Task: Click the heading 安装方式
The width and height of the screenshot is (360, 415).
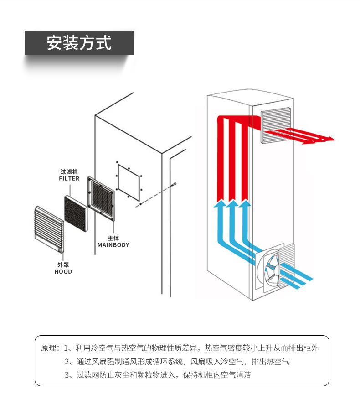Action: (x=79, y=42)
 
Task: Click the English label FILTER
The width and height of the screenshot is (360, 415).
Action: (x=69, y=179)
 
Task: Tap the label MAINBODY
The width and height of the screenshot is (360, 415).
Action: (x=113, y=245)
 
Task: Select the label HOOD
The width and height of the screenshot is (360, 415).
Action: (x=63, y=272)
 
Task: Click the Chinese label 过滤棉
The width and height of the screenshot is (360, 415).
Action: (x=69, y=172)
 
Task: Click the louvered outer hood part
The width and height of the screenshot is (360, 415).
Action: (x=49, y=229)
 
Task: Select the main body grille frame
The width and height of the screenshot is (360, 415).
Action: (x=101, y=198)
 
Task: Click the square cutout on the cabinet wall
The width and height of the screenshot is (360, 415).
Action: (x=129, y=182)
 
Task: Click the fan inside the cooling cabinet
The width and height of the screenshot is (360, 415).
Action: (x=272, y=268)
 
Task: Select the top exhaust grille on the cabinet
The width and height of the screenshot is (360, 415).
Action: (x=276, y=125)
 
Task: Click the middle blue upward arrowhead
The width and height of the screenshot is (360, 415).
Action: (x=232, y=203)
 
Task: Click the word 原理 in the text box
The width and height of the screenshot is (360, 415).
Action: (x=49, y=348)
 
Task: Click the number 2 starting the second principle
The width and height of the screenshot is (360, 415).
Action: (x=67, y=362)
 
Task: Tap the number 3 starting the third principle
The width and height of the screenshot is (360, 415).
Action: (x=67, y=375)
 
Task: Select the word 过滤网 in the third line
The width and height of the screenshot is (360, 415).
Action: (x=88, y=375)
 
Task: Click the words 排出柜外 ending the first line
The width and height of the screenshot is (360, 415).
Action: (x=303, y=348)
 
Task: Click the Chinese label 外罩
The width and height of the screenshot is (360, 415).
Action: (x=63, y=265)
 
